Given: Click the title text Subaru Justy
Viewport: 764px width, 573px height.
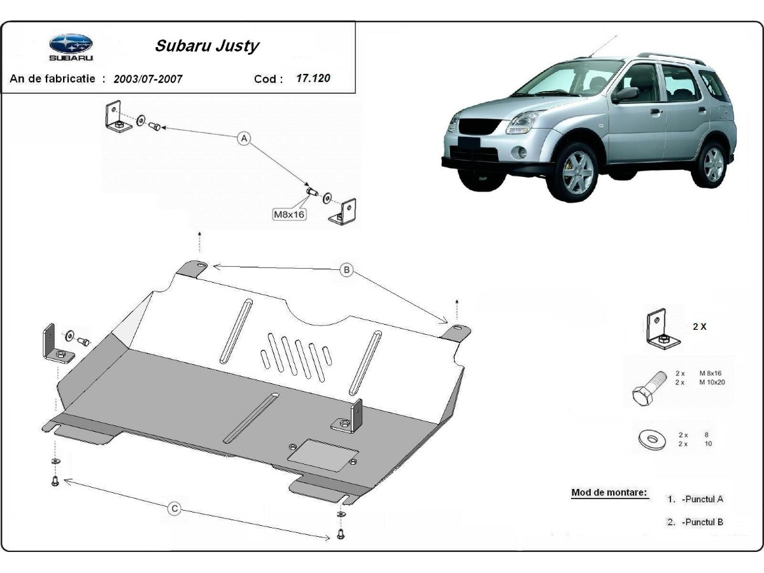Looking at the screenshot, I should (x=207, y=46).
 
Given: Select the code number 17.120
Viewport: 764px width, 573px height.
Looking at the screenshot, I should (x=313, y=79).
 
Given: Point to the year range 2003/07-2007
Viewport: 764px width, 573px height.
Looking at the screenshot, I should (x=148, y=80).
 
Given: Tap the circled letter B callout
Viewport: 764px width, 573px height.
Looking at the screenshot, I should (x=346, y=270).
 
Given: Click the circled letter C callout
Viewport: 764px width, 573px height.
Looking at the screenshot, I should (x=174, y=508).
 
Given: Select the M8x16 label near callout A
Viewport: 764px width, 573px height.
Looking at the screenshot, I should (x=290, y=215).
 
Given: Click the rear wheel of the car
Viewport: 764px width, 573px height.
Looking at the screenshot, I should (x=712, y=164).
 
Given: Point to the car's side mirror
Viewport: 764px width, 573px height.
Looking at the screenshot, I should (x=625, y=94).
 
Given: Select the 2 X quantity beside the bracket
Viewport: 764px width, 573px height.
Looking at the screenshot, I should (x=699, y=327).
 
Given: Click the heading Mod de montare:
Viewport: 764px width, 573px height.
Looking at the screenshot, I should (x=609, y=492).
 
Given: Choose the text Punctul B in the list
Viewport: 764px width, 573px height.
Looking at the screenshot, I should (x=702, y=522).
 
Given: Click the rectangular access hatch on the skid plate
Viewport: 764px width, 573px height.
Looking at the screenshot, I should (x=320, y=455).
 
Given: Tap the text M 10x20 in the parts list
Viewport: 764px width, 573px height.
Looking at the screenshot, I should (x=712, y=382).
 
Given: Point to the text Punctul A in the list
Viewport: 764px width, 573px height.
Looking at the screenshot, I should (x=702, y=499).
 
